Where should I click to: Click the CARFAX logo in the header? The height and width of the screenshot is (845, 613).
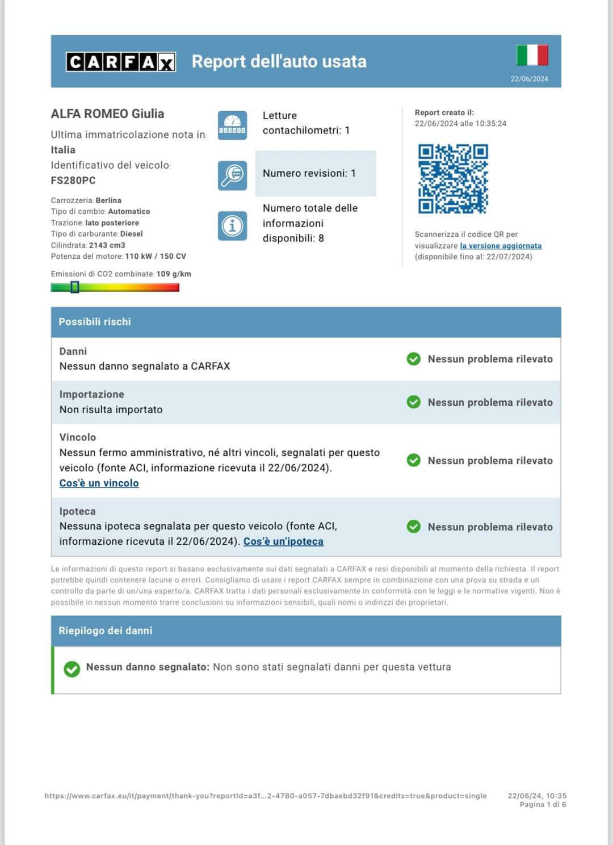coord(120,62)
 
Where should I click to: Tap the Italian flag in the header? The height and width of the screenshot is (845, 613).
coord(532,55)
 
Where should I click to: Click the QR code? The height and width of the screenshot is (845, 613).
coord(453,179)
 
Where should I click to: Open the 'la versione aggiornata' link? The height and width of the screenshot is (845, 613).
coord(501,246)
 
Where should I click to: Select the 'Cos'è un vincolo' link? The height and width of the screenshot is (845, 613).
coord(99,483)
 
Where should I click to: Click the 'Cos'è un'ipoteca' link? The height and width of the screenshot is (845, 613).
coord(283,541)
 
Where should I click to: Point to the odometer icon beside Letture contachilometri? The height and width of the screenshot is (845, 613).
coord(232,125)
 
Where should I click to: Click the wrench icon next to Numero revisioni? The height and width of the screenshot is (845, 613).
coord(232,175)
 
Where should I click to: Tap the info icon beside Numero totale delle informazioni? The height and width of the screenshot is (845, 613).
coord(232,226)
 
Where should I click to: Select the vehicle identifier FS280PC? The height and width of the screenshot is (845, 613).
coord(73,180)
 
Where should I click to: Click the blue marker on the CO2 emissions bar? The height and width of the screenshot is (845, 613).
coord(74,287)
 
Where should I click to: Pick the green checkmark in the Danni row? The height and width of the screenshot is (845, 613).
coord(414,359)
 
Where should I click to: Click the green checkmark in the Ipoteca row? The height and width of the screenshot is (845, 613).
coord(414,527)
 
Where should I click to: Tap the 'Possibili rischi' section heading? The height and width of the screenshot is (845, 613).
coord(95,322)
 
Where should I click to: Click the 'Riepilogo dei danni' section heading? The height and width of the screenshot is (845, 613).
coord(106,630)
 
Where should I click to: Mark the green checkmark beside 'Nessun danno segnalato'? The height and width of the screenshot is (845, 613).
coord(72,669)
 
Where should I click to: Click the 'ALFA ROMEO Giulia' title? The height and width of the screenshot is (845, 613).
coord(107,113)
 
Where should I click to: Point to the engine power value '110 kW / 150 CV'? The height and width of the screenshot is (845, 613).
coord(156,257)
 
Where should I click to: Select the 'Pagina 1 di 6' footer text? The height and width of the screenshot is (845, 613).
coord(543,805)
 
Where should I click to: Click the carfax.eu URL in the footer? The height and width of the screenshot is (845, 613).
coord(266,796)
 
